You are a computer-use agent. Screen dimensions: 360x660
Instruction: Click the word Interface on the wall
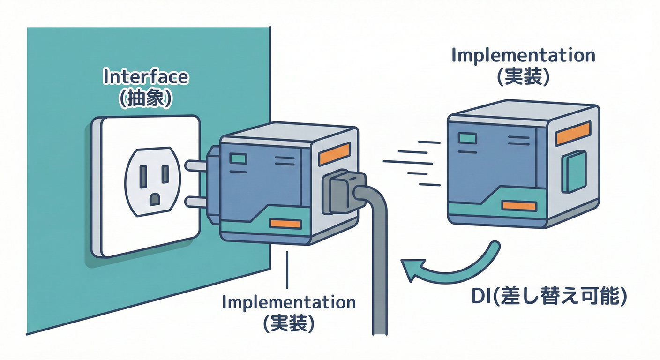tap(145, 77)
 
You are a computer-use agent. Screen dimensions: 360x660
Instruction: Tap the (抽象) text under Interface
tap(145, 99)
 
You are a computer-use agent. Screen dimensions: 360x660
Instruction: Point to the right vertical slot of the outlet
tap(165, 174)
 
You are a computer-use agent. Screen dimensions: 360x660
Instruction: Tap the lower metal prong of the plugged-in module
tap(196, 202)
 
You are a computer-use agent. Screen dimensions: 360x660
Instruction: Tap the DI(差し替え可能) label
tap(548, 297)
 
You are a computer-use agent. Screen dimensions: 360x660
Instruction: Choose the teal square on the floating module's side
tap(574, 172)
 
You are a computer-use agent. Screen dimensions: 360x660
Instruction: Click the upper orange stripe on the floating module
tap(572, 133)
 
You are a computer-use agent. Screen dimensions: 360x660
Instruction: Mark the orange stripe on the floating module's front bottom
tap(518, 205)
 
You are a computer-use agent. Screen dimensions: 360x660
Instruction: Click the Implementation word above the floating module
tap(523, 55)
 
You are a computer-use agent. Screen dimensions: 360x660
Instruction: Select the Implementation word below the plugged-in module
tap(289, 302)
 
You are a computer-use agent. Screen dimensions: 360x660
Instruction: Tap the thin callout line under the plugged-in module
tap(287, 269)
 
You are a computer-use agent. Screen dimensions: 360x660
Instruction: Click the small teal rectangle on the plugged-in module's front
tap(237, 158)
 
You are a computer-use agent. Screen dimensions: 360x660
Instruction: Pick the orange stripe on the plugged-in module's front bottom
tap(285, 224)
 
